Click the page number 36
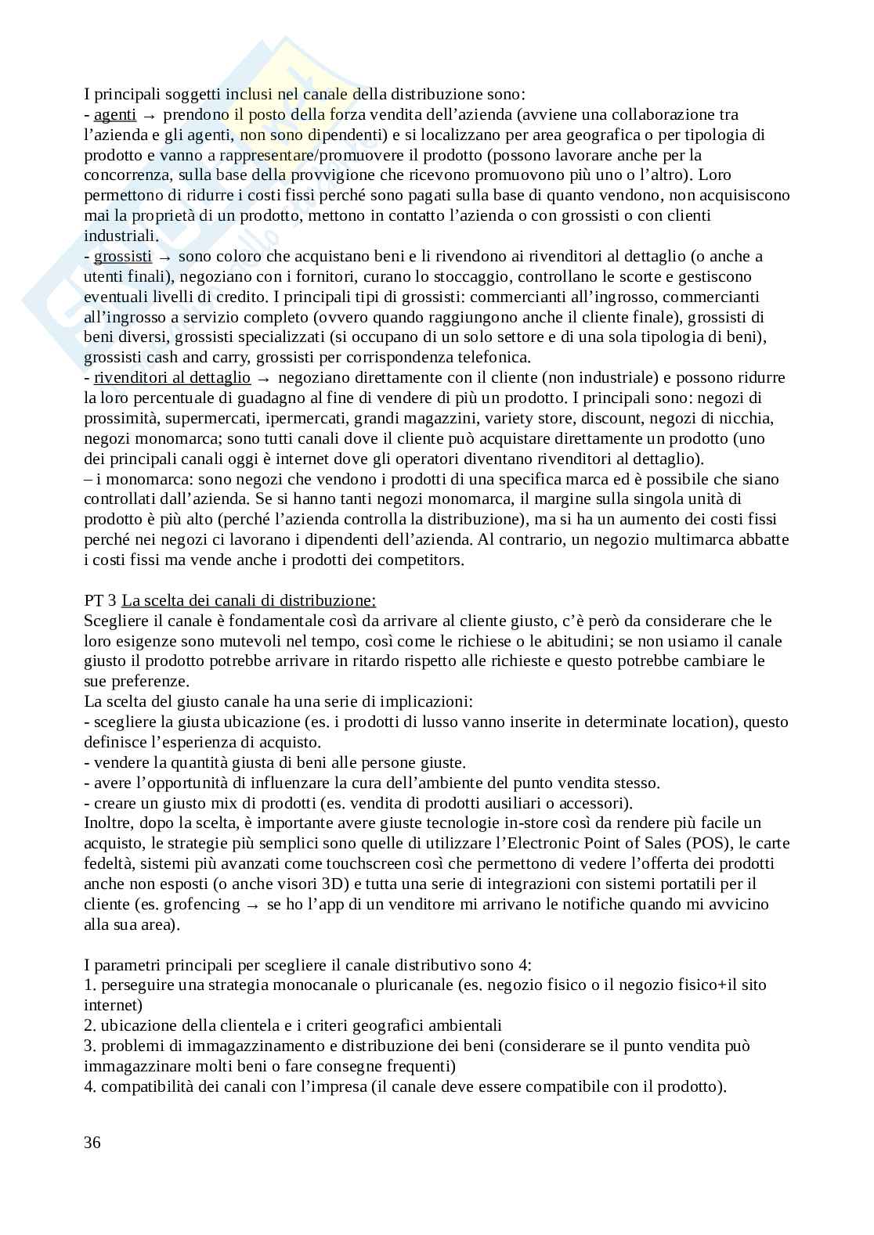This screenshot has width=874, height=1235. coord(92,1143)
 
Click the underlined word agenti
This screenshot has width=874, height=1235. coord(114,115)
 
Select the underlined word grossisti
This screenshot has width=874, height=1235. coord(123,257)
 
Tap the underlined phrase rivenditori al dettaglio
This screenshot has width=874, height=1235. coord(172,378)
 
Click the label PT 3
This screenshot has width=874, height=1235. coord(100,601)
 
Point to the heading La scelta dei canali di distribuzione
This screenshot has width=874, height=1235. coord(249,601)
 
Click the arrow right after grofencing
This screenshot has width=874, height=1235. coord(252,905)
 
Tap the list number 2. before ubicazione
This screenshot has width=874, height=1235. coord(89,1026)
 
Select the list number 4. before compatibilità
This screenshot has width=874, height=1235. coord(89,1087)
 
